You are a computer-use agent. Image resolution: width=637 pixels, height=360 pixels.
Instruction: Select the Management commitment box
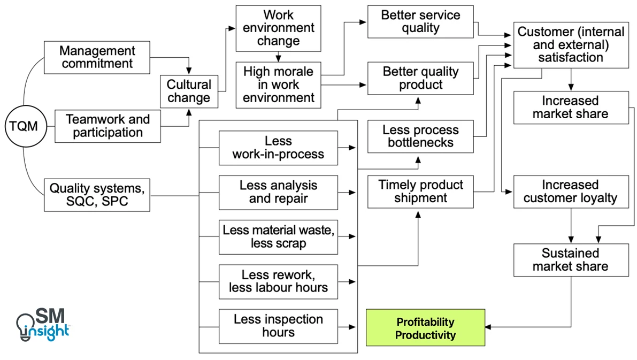[x=97, y=57]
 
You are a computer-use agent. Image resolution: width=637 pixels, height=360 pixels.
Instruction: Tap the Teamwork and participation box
[x=108, y=126]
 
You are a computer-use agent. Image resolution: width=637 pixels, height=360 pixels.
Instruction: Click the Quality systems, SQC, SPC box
[x=97, y=195]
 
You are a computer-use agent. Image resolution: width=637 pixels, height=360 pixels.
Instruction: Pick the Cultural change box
[x=189, y=91]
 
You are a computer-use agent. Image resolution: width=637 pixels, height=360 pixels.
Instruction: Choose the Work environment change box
[x=278, y=28]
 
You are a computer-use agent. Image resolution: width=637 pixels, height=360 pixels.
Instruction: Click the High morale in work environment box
[x=278, y=85]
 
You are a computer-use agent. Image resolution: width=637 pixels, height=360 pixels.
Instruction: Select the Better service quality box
[x=420, y=22]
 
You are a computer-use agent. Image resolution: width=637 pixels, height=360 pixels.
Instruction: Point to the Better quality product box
[x=420, y=78]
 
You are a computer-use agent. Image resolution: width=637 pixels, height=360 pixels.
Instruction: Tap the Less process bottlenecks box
[x=420, y=136]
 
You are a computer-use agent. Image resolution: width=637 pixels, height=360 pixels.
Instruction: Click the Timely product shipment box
[x=420, y=192]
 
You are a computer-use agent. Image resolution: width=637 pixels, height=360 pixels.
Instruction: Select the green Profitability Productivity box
[x=425, y=328]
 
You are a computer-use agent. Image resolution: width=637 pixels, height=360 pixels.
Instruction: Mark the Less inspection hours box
[x=278, y=326]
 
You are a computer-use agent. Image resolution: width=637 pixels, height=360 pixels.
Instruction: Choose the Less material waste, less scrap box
[x=278, y=237]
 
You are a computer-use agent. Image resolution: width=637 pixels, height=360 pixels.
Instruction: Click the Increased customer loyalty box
[x=570, y=192]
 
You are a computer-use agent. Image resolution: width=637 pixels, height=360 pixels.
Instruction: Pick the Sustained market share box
[x=570, y=260]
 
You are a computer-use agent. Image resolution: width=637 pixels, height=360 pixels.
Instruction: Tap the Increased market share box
[x=570, y=108]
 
